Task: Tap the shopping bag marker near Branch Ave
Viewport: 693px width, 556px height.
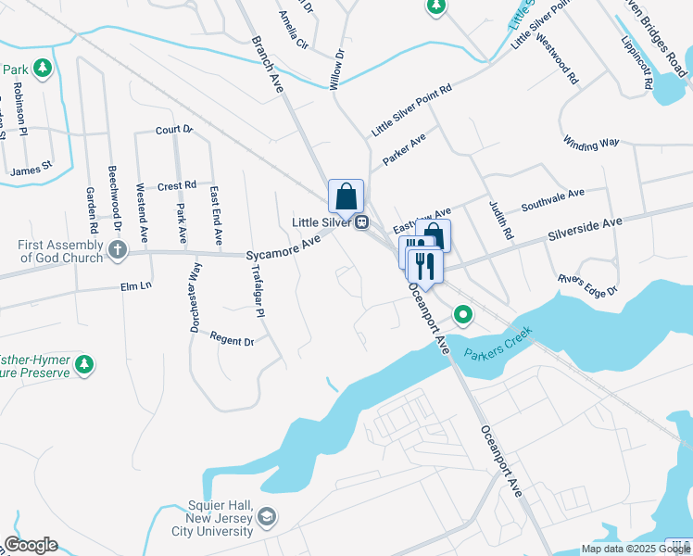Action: coord(346,196)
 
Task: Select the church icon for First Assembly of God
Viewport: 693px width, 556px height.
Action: coord(117,249)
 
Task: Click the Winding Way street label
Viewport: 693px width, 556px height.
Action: coord(590,142)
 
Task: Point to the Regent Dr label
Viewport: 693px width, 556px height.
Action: coord(232,339)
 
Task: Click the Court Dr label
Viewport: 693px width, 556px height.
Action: coord(173,130)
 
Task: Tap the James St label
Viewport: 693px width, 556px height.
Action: coord(32,170)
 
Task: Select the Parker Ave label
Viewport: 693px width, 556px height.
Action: coord(404,147)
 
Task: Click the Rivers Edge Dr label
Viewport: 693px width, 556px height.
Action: coord(587,284)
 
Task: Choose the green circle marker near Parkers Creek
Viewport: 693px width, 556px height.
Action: coord(464,316)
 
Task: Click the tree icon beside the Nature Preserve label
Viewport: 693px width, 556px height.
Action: coord(84,363)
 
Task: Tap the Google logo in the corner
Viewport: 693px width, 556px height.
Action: coord(31,545)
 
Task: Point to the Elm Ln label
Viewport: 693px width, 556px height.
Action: coord(135,286)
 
